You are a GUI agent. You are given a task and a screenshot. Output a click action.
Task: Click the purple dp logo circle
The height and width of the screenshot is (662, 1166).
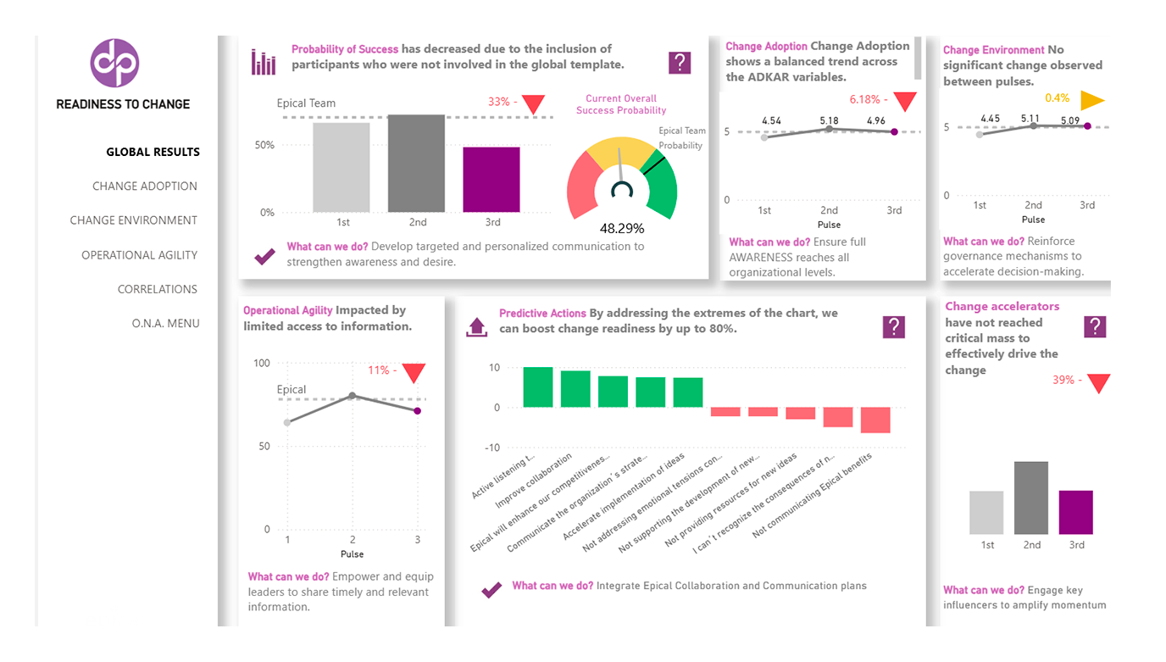point(114,63)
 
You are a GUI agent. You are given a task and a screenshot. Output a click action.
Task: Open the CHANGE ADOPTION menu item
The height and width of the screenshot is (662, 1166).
point(145,186)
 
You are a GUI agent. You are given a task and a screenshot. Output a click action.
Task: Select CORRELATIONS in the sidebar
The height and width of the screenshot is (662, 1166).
point(158,289)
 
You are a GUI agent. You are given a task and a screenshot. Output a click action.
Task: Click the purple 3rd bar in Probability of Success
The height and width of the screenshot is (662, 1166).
point(491,180)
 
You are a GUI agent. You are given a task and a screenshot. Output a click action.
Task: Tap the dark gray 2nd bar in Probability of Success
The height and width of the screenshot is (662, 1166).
point(417,164)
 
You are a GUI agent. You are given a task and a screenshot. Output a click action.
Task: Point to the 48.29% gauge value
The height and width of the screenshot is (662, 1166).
point(622,228)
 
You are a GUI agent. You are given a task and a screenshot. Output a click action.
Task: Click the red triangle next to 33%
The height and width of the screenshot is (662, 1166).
point(533,103)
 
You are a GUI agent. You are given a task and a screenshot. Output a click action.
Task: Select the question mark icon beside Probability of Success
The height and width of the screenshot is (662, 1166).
point(680,63)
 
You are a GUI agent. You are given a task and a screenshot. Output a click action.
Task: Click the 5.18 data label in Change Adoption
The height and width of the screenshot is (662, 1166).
point(829,121)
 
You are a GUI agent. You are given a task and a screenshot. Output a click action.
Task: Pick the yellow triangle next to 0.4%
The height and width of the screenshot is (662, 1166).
point(1092,100)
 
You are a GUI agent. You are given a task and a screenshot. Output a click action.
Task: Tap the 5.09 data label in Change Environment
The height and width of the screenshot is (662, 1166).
point(1069,120)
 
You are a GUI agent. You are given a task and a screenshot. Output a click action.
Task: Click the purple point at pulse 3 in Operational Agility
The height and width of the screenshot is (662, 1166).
point(417,410)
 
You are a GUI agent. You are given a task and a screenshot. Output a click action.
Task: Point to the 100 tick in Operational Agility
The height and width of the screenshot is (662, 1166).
point(261,363)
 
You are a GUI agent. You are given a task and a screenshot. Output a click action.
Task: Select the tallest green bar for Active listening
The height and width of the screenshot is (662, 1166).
point(538,387)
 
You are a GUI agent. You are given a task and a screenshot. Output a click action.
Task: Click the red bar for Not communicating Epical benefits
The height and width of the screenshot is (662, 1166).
point(875,420)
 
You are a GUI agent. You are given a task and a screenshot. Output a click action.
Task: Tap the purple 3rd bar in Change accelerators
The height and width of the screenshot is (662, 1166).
point(1076,512)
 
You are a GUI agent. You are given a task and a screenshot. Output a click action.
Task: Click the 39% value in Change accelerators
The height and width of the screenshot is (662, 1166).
point(1063,381)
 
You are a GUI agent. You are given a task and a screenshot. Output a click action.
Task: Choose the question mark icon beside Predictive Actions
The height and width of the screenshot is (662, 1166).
point(893,327)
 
